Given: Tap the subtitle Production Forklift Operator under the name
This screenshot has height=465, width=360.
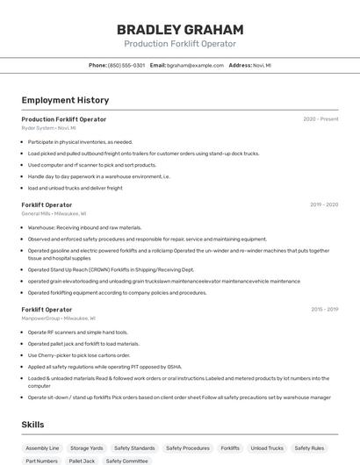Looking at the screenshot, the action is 180,44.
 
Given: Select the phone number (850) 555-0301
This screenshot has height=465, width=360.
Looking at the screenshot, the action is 126,65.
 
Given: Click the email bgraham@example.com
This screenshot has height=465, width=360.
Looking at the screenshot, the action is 195,65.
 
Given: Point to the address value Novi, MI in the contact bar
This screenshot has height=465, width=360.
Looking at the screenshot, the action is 262,65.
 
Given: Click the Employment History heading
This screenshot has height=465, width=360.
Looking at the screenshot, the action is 65,100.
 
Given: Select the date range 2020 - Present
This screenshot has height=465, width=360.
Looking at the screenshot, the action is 320,118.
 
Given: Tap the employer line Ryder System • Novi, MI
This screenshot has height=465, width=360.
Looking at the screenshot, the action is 49,127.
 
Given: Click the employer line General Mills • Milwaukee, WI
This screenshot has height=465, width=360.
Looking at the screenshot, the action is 54,213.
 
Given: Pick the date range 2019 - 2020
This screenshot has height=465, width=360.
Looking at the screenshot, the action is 324,204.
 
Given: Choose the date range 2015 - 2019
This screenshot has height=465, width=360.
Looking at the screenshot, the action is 324,309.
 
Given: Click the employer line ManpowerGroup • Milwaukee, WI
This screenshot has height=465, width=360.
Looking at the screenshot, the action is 59,318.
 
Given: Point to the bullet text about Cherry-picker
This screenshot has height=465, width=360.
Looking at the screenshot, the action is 79,355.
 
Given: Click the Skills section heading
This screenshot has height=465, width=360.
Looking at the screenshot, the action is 33,425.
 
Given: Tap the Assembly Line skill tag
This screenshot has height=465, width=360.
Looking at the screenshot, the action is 42,447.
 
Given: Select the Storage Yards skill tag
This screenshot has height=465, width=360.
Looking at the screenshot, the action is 87,447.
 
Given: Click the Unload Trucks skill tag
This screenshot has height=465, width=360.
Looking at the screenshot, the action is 267,447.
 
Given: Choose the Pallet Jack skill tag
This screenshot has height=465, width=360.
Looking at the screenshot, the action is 82,461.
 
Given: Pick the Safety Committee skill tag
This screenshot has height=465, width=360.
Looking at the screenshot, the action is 127,461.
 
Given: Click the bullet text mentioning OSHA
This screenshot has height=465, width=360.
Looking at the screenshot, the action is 104,367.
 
